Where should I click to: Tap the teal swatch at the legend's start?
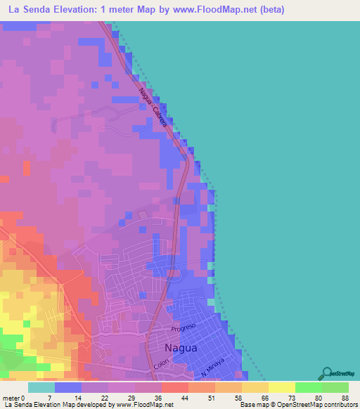41,387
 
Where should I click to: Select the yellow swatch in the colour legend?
282,387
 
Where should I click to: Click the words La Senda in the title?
32,10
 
